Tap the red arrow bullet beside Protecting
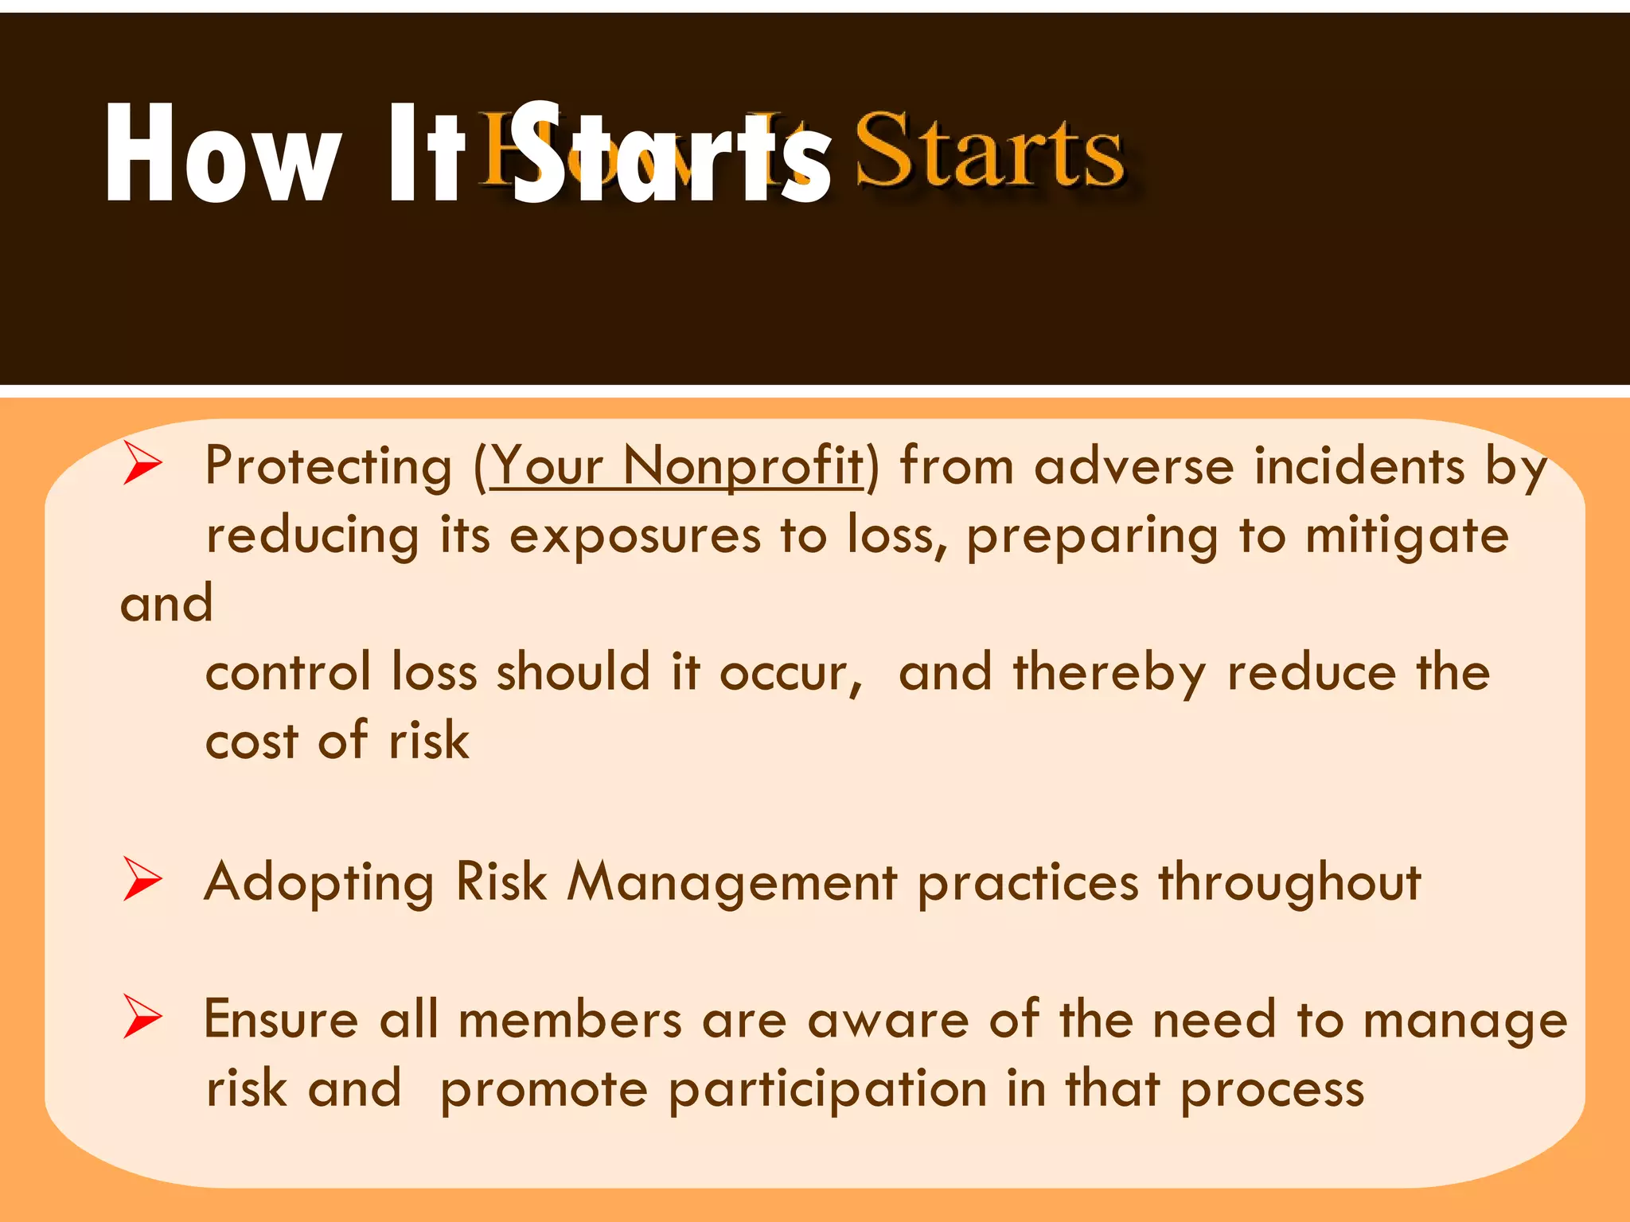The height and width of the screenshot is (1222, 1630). (142, 465)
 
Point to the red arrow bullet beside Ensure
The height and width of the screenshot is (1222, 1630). (142, 1019)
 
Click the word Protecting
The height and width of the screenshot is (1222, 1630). (328, 467)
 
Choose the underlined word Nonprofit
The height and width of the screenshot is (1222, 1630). (743, 467)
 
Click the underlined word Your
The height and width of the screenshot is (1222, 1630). (546, 467)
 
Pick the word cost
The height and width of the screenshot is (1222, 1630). (252, 741)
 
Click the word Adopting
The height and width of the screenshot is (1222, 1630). (319, 884)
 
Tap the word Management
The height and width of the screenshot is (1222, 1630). (732, 882)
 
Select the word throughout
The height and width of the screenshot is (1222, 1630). (1289, 884)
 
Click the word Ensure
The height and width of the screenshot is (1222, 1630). (281, 1020)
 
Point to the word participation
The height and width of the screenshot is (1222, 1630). (828, 1091)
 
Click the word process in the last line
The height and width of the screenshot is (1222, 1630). (1272, 1091)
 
